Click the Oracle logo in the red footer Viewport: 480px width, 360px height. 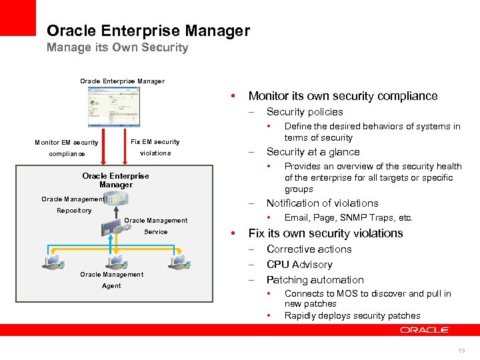pyautogui.click(x=425, y=330)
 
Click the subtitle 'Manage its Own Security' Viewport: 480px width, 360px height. pyautogui.click(x=117, y=47)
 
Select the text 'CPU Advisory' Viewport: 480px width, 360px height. pyautogui.click(x=299, y=265)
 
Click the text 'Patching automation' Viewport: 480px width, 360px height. pyautogui.click(x=315, y=280)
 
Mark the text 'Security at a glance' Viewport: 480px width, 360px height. pyautogui.click(x=313, y=152)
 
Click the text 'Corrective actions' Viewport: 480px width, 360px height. pyautogui.click(x=309, y=249)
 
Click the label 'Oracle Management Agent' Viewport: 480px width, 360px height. pyautogui.click(x=111, y=280)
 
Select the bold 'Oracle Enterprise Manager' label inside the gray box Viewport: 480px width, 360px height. pyautogui.click(x=115, y=180)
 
